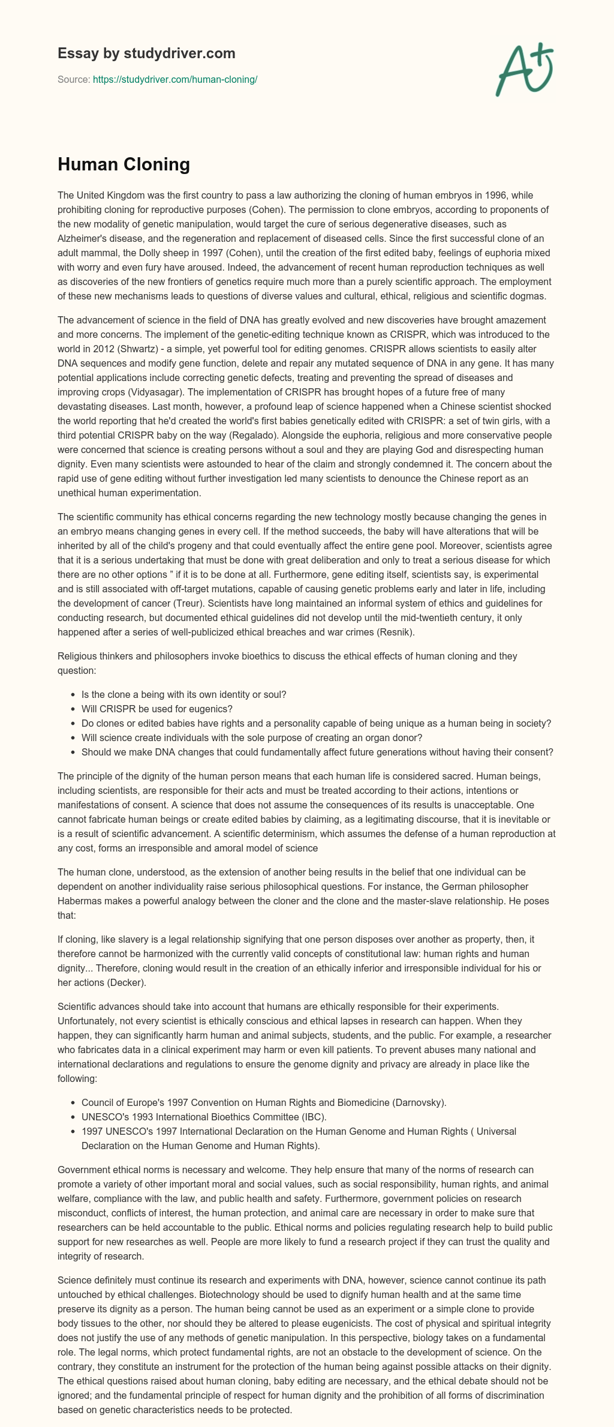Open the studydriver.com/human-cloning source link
[x=175, y=79]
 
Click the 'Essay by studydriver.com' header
[x=146, y=53]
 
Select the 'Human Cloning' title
[x=124, y=164]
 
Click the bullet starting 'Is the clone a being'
[x=183, y=694]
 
